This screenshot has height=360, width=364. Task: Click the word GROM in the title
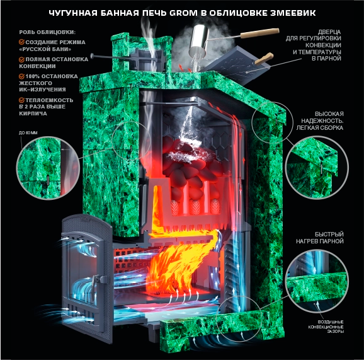(184, 13)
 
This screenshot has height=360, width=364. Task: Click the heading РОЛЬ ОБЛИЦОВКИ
(47, 32)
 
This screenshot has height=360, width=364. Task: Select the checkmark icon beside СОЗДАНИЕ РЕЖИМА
(21, 42)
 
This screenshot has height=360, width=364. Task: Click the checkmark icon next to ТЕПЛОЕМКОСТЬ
(21, 100)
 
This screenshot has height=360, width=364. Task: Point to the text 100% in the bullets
(33, 76)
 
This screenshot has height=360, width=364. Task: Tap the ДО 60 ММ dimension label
(28, 132)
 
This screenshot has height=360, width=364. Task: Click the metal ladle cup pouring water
(197, 41)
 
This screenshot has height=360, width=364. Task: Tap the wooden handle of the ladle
(259, 33)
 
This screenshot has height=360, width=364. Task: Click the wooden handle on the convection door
(264, 59)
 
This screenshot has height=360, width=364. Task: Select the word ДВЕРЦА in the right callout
(329, 32)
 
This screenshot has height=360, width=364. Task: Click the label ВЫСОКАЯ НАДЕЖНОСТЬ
(322, 117)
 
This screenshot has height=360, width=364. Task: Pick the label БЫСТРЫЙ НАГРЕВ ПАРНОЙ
(320, 238)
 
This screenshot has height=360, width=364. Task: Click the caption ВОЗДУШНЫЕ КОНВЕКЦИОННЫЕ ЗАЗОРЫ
(326, 327)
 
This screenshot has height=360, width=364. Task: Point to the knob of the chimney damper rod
(92, 55)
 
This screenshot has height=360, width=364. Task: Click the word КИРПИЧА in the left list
(33, 113)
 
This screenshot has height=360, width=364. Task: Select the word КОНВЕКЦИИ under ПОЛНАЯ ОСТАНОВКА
(37, 66)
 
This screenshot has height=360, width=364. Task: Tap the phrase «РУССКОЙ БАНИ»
(45, 49)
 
